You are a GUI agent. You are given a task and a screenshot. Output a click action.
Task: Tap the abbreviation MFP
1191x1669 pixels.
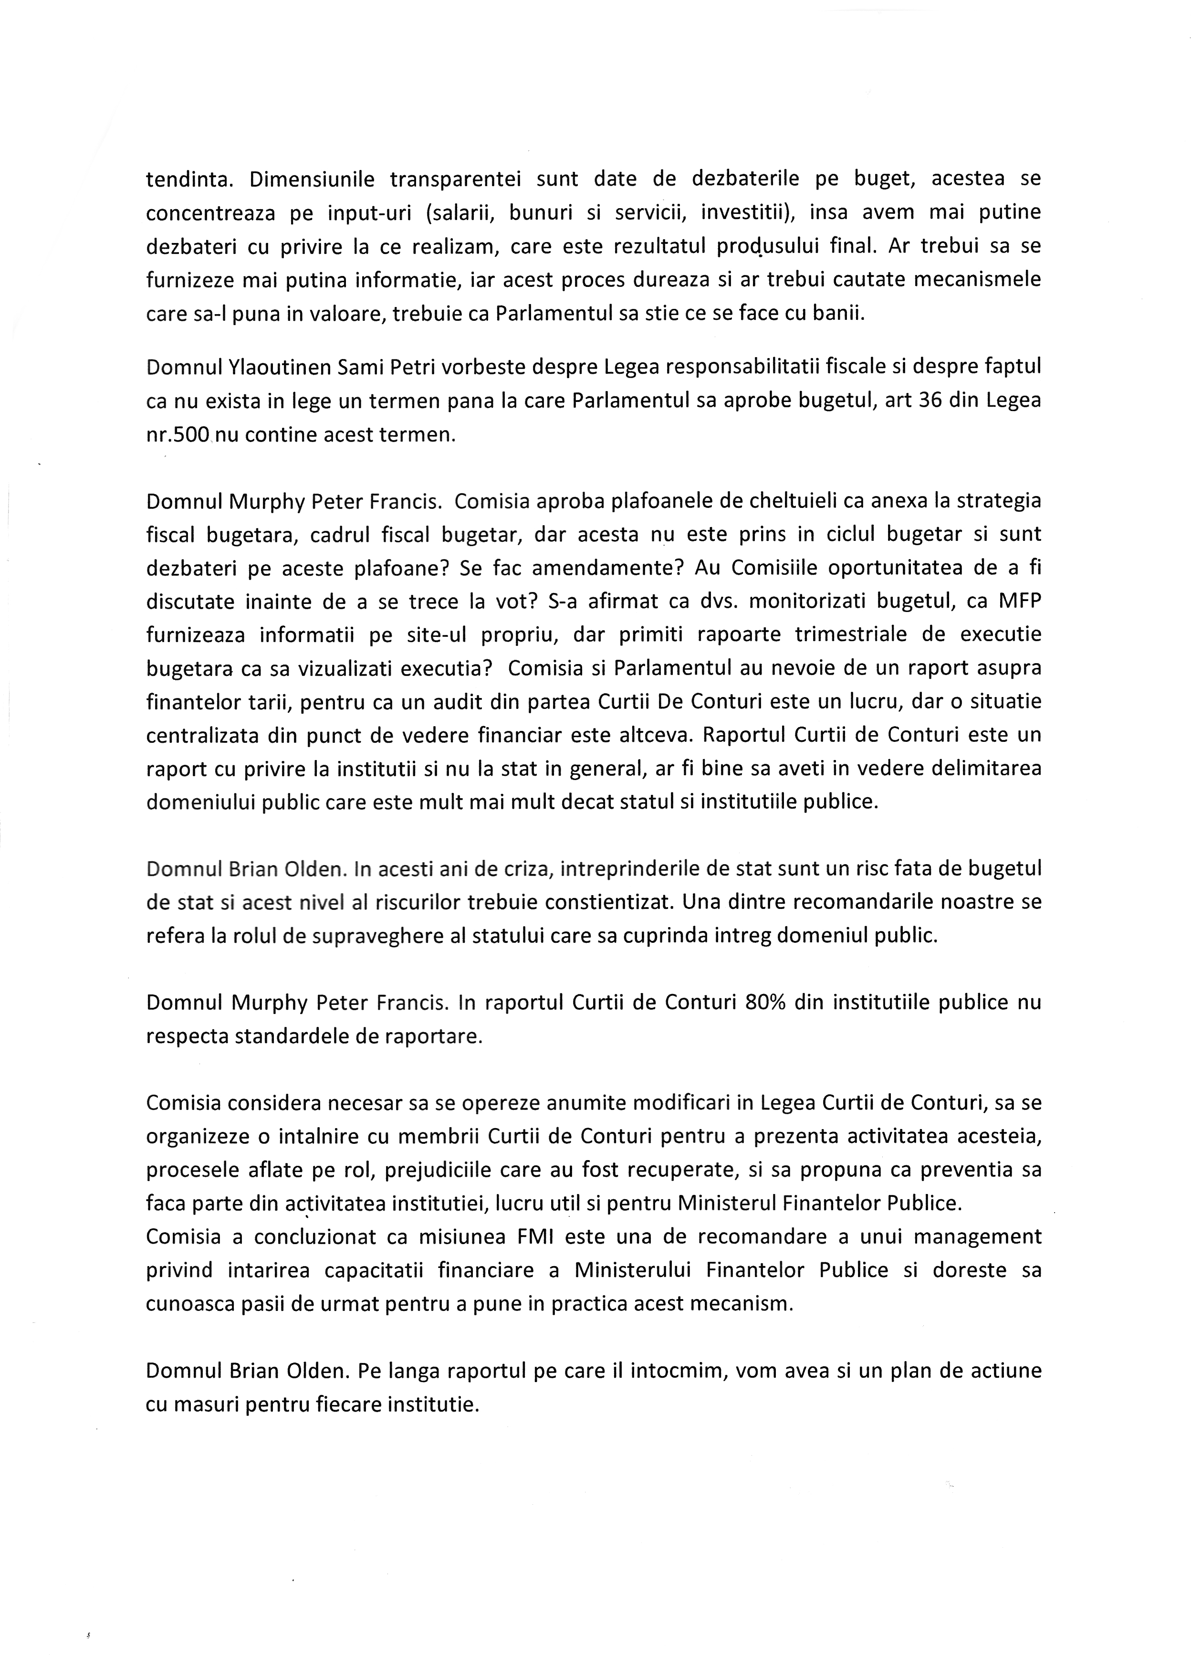1019,602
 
